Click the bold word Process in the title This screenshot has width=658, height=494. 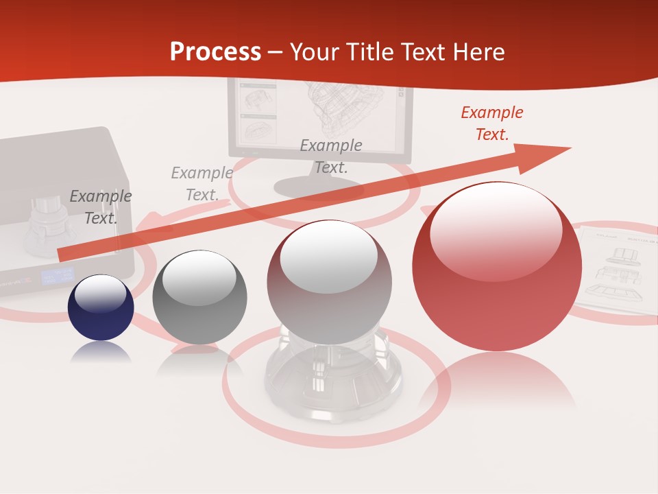215,51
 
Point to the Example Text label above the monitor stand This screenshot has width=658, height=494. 331,156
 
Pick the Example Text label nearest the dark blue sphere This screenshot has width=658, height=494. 101,207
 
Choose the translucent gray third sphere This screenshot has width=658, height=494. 330,281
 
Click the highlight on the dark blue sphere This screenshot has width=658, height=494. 100,294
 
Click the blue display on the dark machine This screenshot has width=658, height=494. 56,277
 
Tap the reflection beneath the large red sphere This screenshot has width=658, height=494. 497,384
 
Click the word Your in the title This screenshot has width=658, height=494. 315,52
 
